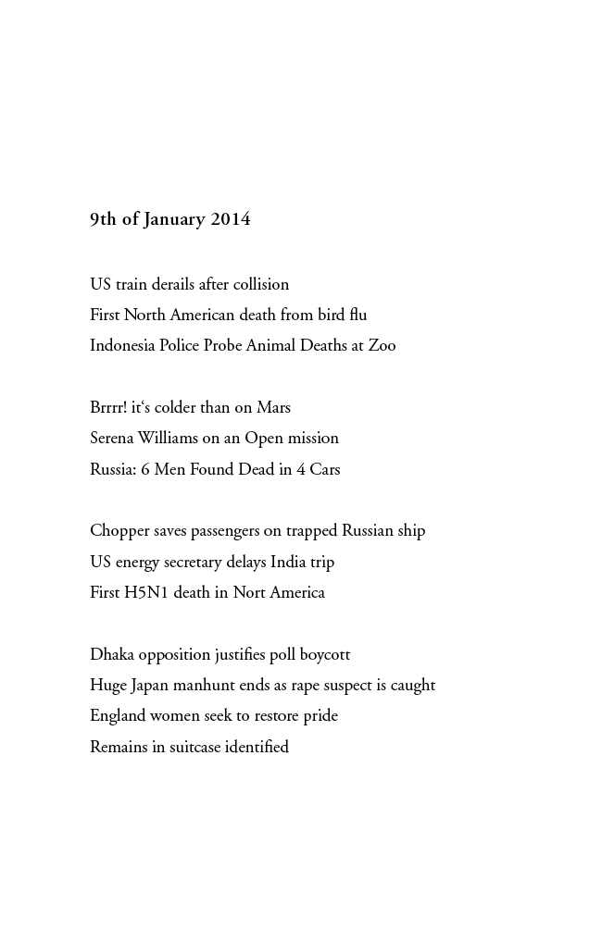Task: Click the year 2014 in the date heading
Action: click(230, 219)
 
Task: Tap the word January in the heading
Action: click(174, 220)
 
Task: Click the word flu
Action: click(358, 315)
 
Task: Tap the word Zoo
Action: click(382, 346)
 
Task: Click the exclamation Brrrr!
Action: click(108, 408)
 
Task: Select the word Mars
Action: click(273, 408)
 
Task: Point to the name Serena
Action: click(114, 439)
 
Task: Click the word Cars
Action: click(324, 469)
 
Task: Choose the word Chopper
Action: click(119, 531)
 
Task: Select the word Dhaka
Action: click(110, 655)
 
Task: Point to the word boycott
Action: click(324, 655)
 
